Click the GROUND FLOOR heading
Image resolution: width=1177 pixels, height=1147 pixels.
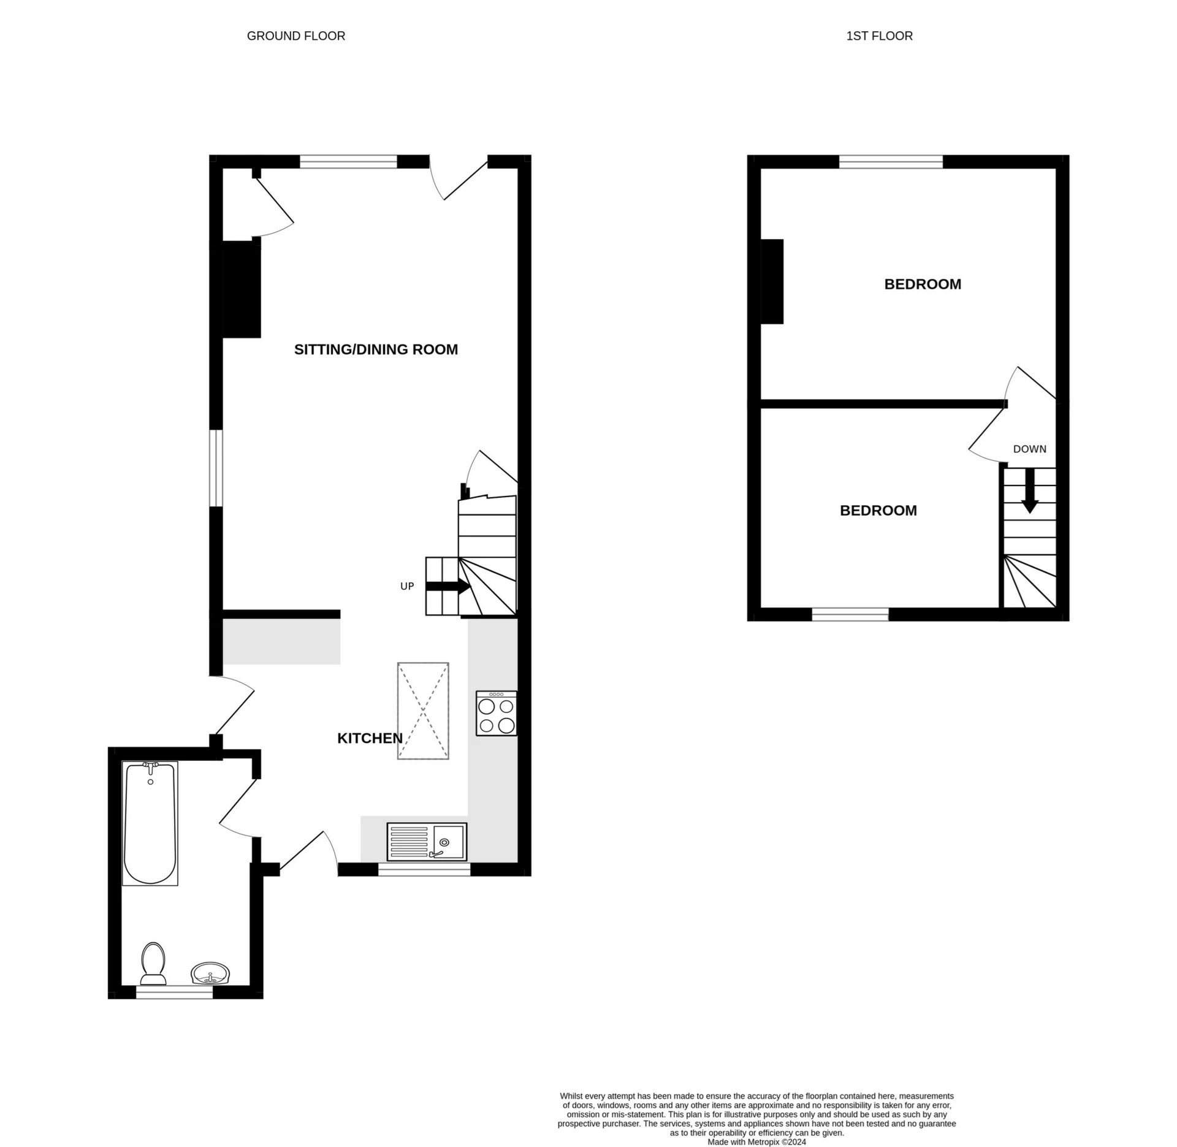(x=295, y=36)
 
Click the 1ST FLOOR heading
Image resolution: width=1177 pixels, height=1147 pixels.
(x=878, y=36)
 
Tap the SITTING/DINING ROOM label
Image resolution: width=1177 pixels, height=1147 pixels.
(x=376, y=349)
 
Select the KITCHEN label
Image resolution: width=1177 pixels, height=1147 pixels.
(x=370, y=738)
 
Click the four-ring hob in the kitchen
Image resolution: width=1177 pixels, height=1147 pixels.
(x=496, y=714)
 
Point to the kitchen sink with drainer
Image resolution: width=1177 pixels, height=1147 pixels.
(x=427, y=842)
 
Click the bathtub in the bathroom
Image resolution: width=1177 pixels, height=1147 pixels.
(x=150, y=823)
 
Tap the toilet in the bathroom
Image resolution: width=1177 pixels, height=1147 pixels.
(x=153, y=962)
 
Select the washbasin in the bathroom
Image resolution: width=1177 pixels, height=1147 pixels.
(x=210, y=974)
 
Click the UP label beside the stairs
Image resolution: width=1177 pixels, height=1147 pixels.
(x=407, y=586)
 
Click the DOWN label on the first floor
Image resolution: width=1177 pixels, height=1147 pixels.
(x=1029, y=449)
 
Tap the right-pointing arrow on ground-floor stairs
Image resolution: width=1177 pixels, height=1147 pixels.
(x=448, y=586)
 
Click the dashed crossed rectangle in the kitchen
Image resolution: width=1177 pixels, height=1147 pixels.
(x=423, y=711)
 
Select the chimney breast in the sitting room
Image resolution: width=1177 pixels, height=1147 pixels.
(x=241, y=289)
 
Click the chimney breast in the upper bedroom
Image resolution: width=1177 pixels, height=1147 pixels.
(x=772, y=281)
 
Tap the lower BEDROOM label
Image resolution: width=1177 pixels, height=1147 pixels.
(x=878, y=511)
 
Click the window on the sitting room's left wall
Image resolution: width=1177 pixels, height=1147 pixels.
(x=216, y=468)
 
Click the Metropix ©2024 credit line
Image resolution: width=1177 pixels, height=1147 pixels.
(x=756, y=1142)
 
